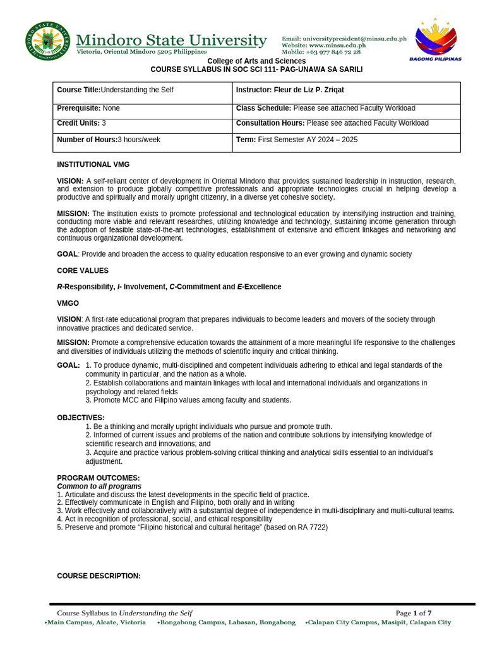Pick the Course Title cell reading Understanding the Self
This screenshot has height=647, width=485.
pos(116,90)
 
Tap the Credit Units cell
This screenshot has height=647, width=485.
pos(81,123)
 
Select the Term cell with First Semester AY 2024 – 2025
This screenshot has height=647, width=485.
pos(297,140)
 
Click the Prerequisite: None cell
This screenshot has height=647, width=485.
pos(88,109)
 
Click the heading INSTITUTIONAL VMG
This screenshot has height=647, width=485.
pos(93,164)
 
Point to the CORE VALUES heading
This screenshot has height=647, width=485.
pos(83,270)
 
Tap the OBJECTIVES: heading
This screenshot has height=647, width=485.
pos(81,418)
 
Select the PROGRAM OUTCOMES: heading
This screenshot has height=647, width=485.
pos(99,478)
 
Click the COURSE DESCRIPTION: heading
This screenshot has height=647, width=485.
pos(99,576)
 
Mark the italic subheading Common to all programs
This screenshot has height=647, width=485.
pos(99,487)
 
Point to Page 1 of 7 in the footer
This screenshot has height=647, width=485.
pos(414,613)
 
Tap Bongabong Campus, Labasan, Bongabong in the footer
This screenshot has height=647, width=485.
pos(227,622)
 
